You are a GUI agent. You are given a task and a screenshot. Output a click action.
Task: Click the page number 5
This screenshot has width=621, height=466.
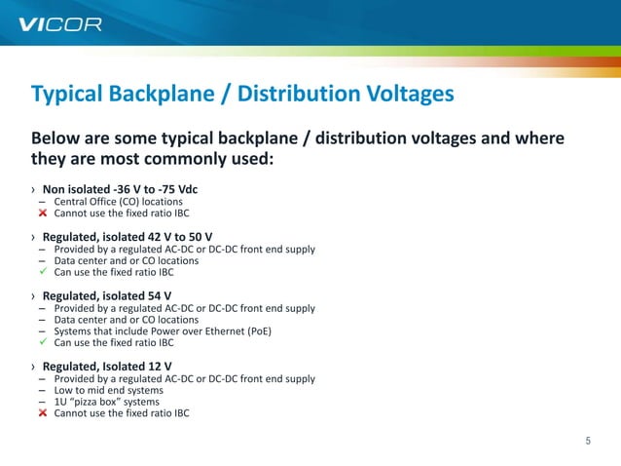pyautogui.click(x=588, y=441)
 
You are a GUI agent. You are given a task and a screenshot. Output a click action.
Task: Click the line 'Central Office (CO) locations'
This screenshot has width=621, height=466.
pyautogui.click(x=118, y=202)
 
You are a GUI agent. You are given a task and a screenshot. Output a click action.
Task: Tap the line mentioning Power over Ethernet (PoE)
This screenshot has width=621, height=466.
pyautogui.click(x=163, y=331)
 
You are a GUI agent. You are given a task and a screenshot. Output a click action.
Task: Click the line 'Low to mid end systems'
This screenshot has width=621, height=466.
pyautogui.click(x=108, y=390)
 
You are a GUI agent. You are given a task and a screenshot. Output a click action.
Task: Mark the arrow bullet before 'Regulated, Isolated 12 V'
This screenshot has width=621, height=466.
pyautogui.click(x=33, y=367)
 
